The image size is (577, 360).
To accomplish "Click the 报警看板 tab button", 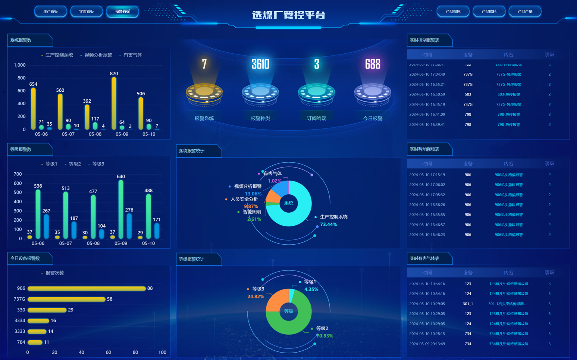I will (122, 12).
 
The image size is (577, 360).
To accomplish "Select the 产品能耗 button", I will (489, 12).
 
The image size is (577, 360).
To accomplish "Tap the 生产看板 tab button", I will (50, 12).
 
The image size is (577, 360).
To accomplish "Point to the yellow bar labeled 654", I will (33, 109).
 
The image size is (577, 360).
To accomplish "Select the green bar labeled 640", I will (121, 209).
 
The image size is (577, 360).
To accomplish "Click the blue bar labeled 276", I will (129, 226).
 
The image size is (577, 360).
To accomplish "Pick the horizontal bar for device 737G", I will (66, 299).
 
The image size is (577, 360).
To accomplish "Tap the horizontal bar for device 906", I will (87, 288).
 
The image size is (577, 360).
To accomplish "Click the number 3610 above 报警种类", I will (260, 64).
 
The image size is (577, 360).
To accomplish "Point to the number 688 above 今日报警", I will (373, 64).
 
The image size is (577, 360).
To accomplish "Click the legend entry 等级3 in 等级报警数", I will (98, 164).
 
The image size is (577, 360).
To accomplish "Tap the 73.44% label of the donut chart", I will (328, 225).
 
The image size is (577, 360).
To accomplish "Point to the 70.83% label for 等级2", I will (324, 336).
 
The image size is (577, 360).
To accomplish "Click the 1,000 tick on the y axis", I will (19, 65).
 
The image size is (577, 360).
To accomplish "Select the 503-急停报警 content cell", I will (508, 95).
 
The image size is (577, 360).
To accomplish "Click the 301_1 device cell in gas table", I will (468, 304).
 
